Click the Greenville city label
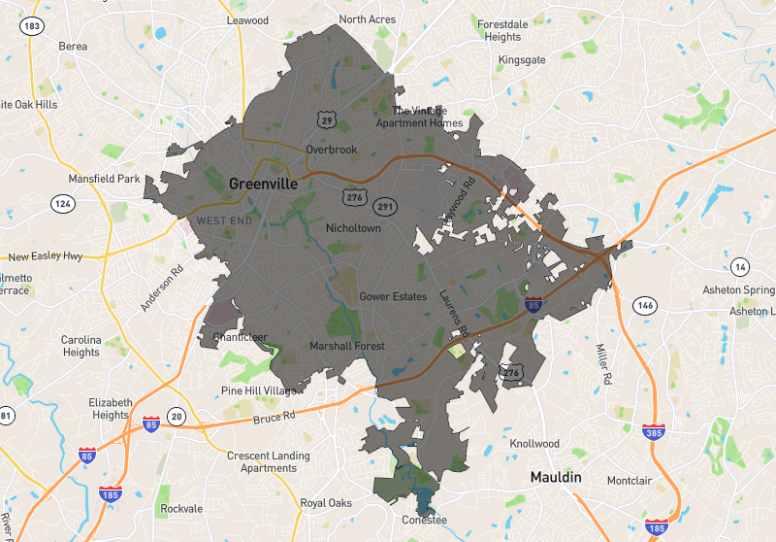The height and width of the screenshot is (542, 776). click(x=265, y=184)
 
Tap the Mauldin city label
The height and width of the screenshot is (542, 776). click(x=555, y=477)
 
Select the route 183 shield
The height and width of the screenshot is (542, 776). click(x=33, y=25)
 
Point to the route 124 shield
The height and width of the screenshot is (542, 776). click(x=64, y=203)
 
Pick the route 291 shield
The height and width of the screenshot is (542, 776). click(x=385, y=206)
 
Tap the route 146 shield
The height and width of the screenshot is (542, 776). click(x=644, y=306)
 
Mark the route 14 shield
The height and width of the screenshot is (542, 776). click(x=740, y=267)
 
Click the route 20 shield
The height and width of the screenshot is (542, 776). click(x=176, y=417)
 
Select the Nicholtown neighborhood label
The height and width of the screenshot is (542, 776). click(x=353, y=228)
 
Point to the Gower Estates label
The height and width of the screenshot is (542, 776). click(x=393, y=296)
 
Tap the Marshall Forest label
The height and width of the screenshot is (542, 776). click(x=347, y=346)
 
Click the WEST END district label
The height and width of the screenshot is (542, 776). click(x=225, y=221)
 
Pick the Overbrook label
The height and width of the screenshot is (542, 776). click(x=332, y=150)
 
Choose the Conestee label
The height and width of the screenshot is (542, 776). click(x=425, y=520)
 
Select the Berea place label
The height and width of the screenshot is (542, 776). click(x=73, y=46)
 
